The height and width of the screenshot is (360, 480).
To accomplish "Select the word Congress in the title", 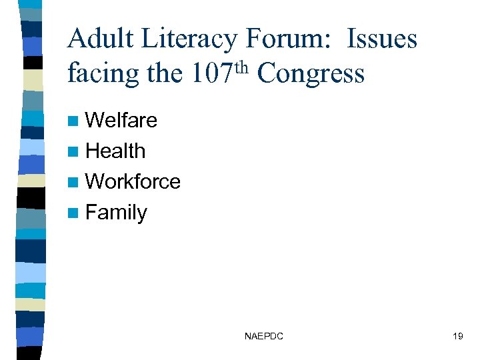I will tap(311, 74).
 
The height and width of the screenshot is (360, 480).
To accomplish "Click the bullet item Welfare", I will tap(121, 121).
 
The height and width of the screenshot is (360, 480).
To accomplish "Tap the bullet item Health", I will tap(115, 151).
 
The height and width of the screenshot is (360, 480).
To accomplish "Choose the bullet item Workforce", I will tap(133, 181).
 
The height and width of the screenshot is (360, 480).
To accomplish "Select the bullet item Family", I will tap(117, 213).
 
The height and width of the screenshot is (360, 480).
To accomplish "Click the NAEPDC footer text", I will tap(264, 337).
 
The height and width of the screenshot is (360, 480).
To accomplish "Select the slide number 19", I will tap(457, 337).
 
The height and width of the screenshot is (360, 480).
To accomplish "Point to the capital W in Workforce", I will tap(95, 181).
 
